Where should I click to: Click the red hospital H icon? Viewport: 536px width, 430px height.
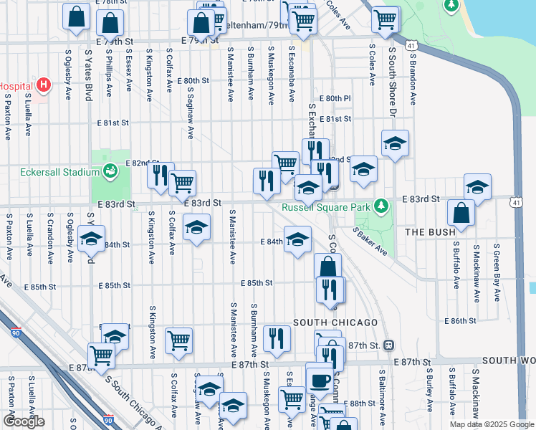click(44, 85)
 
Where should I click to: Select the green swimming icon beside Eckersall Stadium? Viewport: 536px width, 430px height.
click(110, 171)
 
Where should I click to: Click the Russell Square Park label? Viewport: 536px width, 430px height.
click(327, 208)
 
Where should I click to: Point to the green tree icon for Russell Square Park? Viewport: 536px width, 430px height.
click(382, 207)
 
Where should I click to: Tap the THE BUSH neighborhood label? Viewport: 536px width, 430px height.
click(431, 232)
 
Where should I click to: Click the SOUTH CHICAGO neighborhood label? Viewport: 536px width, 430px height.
click(330, 322)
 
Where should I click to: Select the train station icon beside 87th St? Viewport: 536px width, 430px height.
click(388, 345)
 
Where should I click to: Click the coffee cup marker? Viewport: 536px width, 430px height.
click(319, 378)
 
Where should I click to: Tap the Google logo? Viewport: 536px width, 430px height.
click(24, 421)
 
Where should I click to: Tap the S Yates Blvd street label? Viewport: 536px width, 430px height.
click(90, 75)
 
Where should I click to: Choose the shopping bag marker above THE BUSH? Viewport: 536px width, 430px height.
click(460, 213)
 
